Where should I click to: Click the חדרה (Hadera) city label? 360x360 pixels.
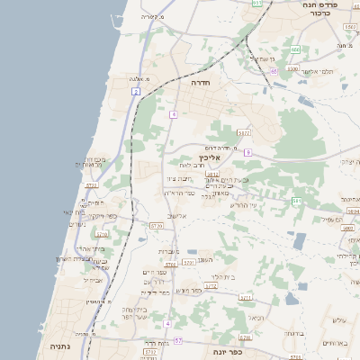[200, 82]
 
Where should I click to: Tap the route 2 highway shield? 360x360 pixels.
[136, 91]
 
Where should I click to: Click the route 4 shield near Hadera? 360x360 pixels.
[173, 114]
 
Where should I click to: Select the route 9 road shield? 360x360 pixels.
[247, 153]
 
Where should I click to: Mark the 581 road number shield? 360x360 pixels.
[296, 201]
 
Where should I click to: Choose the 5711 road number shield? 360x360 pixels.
[188, 262]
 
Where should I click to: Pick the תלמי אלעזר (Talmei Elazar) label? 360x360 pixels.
[317, 71]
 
